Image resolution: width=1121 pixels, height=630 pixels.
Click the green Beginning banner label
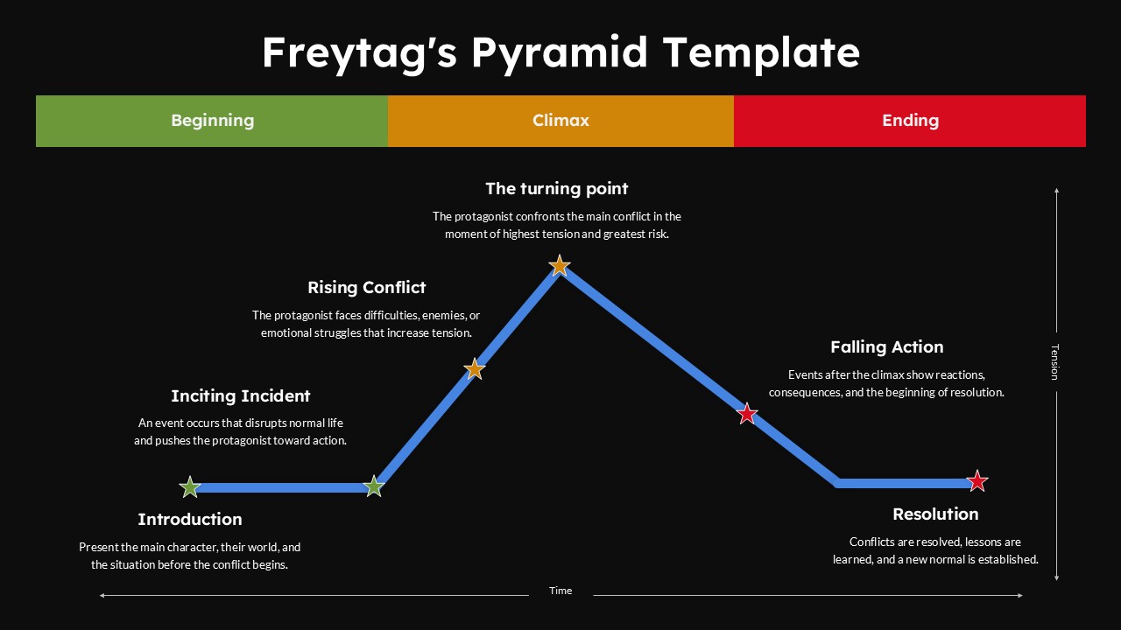pyautogui.click(x=212, y=121)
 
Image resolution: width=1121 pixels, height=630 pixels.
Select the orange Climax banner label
pyautogui.click(x=560, y=121)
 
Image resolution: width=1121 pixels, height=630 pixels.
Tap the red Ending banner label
pyautogui.click(x=910, y=121)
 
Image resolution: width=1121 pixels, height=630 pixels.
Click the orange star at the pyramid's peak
pyautogui.click(x=559, y=265)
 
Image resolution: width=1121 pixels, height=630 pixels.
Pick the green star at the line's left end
pyautogui.click(x=190, y=487)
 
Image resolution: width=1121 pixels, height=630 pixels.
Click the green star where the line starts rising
pyautogui.click(x=374, y=486)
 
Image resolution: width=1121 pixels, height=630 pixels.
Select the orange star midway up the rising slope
pyautogui.click(x=474, y=369)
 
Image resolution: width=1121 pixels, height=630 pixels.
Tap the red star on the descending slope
pyautogui.click(x=747, y=414)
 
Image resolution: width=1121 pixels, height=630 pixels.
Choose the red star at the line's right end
pyautogui.click(x=976, y=481)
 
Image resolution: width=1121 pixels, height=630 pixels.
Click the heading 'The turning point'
pyautogui.click(x=556, y=188)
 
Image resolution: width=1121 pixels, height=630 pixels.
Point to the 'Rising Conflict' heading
pyautogui.click(x=366, y=288)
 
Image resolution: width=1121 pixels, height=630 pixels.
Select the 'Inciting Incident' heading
pyautogui.click(x=240, y=396)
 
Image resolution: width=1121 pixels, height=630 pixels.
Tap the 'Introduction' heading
pyautogui.click(x=190, y=520)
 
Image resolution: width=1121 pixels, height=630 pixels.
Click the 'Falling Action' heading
pyautogui.click(x=887, y=347)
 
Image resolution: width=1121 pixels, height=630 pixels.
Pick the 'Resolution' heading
pyautogui.click(x=935, y=514)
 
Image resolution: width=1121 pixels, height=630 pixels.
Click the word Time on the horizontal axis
pyautogui.click(x=560, y=591)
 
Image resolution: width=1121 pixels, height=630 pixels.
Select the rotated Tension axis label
pyautogui.click(x=1055, y=362)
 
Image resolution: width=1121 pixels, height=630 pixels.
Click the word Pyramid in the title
pyautogui.click(x=560, y=53)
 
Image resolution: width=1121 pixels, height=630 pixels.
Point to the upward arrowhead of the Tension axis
pyautogui.click(x=1056, y=190)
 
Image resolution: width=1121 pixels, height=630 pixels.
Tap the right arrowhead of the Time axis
pyautogui.click(x=1020, y=596)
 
